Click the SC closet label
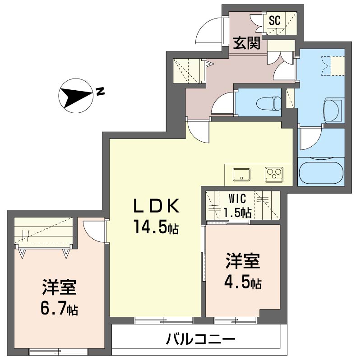coord(275,20)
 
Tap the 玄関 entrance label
coord(246,43)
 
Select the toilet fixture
coord(269,104)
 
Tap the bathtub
coord(321,173)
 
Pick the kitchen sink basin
coord(241,175)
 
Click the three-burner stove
coord(274,175)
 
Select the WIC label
coord(237,199)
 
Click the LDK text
coord(157,206)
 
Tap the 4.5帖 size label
coord(243,283)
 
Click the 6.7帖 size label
coord(59,309)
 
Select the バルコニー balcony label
coord(200,339)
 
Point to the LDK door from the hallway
coord(198,131)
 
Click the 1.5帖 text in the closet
coord(237,213)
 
